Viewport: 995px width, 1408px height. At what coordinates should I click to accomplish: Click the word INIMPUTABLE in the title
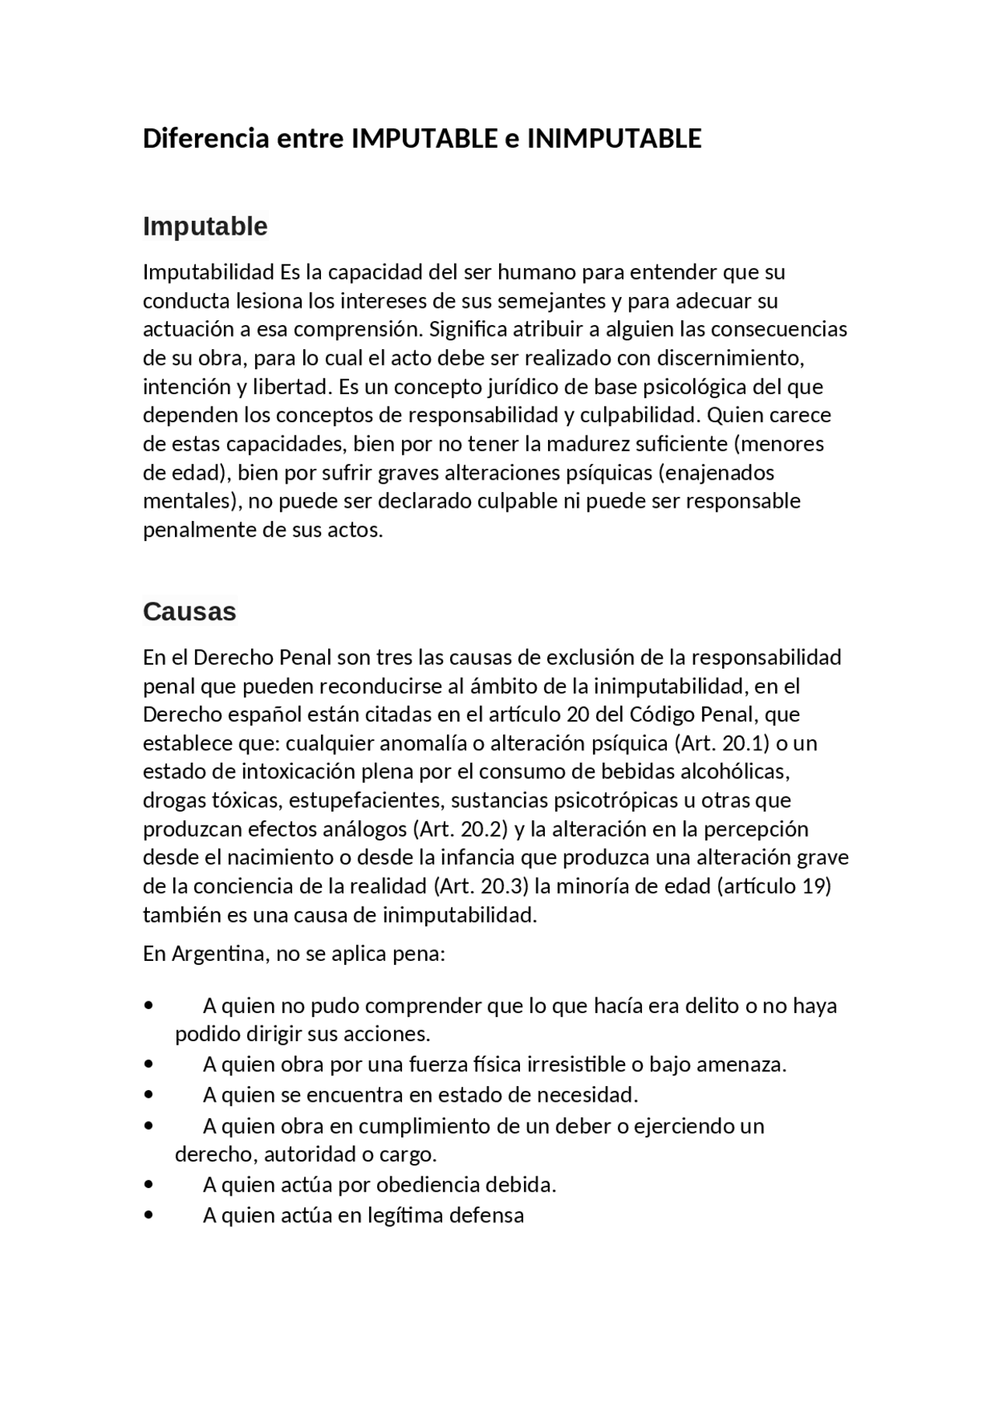coord(614,138)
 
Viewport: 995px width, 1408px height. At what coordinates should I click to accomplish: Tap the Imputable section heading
coord(205,226)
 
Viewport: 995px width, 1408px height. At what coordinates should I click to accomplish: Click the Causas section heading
coord(189,612)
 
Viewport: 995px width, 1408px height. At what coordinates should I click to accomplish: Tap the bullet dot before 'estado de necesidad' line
coord(148,1095)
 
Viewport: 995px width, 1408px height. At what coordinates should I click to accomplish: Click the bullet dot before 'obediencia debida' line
coord(148,1186)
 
